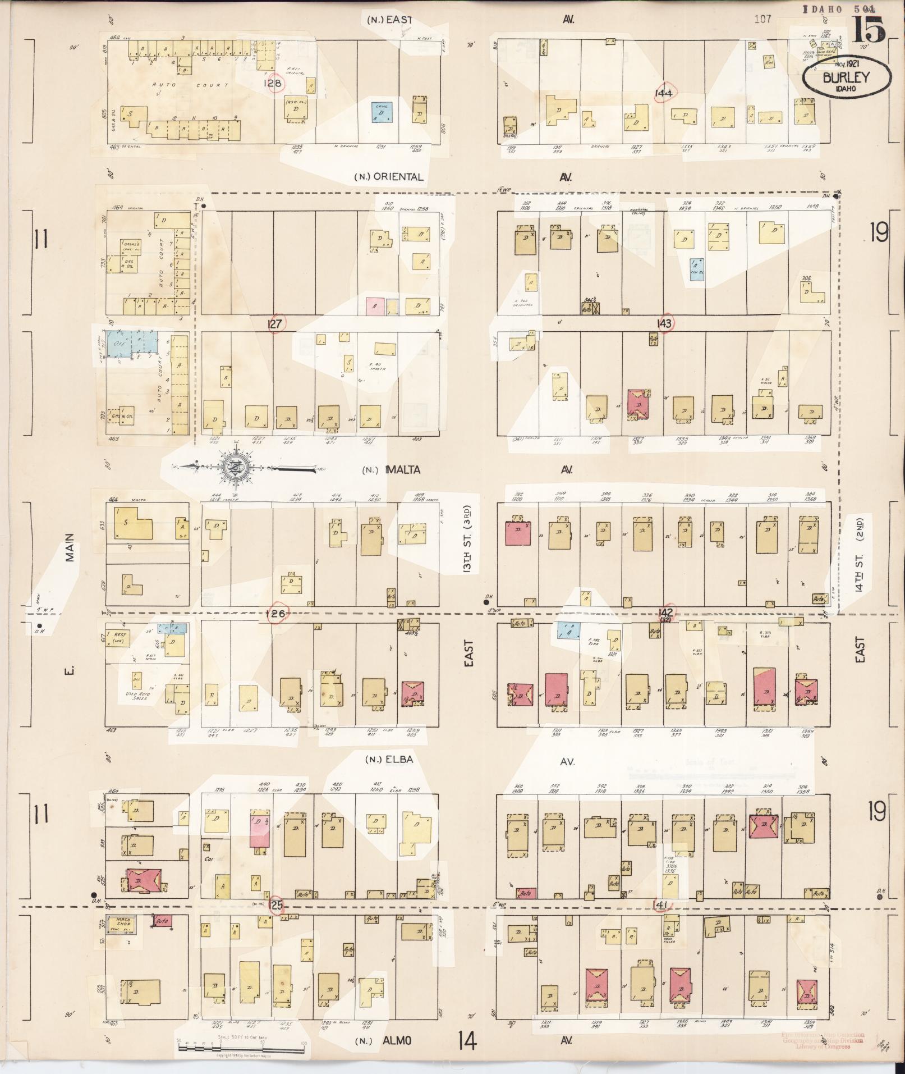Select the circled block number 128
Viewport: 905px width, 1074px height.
(x=275, y=83)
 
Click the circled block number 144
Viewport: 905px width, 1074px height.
(x=664, y=93)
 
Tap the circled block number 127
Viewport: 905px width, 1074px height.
(x=276, y=323)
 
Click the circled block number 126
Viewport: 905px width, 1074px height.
(x=276, y=614)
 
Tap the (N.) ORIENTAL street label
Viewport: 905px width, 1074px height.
(x=388, y=177)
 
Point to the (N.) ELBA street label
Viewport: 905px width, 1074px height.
(x=389, y=760)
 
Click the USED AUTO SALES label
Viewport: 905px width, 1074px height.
(x=134, y=696)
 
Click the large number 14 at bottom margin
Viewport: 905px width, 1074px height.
(x=467, y=1040)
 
